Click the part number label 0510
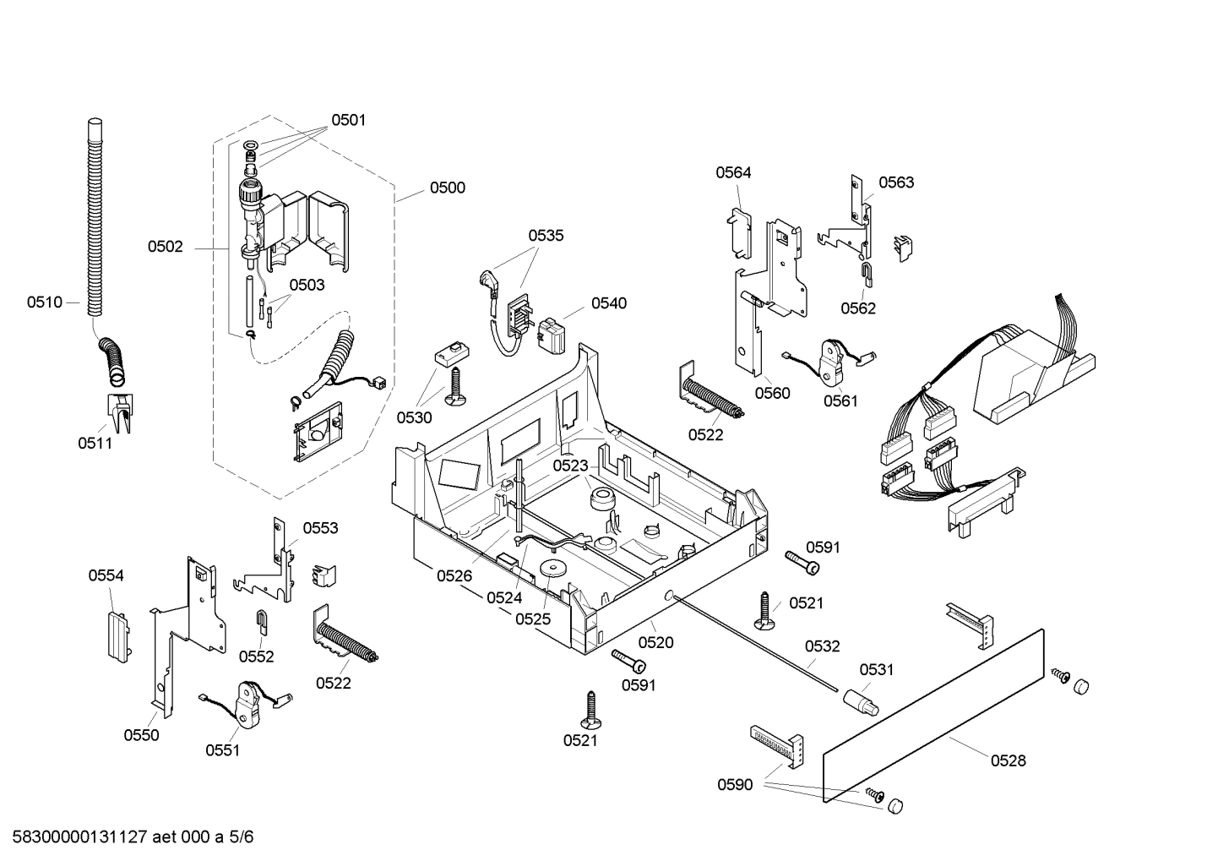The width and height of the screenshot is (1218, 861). [44, 302]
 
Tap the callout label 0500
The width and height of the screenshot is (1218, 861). [447, 188]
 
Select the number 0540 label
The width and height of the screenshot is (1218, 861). [608, 303]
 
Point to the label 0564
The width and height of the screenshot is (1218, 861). [733, 172]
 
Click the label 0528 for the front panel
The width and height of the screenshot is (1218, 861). [1008, 760]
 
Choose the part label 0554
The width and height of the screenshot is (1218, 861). [106, 575]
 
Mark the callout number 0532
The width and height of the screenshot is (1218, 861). [822, 646]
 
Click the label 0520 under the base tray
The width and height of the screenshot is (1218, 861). [655, 642]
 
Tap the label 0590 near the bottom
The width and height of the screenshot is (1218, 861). [735, 785]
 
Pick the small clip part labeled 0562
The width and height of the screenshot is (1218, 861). [867, 271]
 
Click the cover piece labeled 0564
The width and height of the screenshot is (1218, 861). [739, 226]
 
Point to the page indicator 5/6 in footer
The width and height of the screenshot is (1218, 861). [242, 837]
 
